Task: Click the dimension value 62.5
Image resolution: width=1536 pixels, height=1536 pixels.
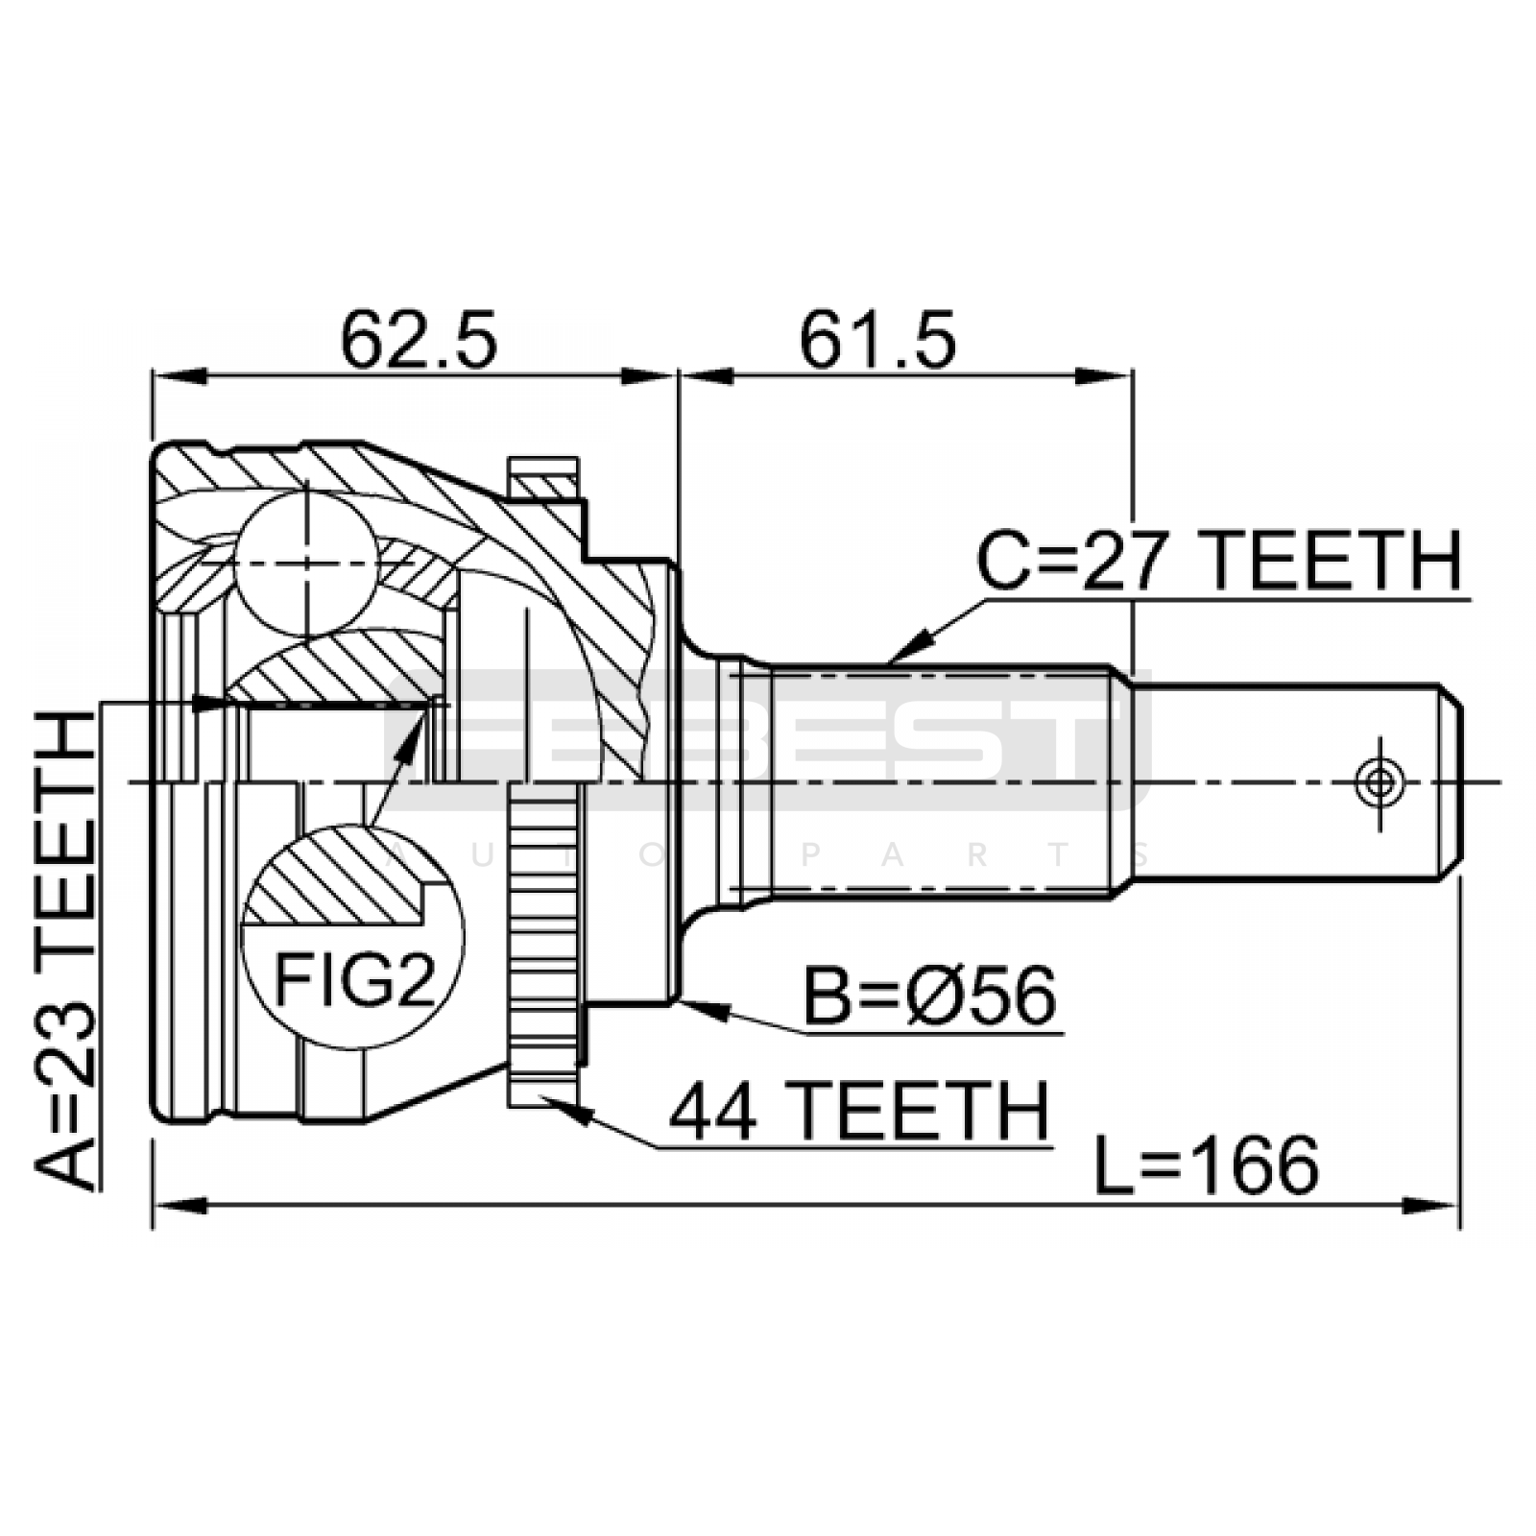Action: pyautogui.click(x=420, y=340)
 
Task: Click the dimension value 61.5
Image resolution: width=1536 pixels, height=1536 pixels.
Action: pyautogui.click(x=877, y=340)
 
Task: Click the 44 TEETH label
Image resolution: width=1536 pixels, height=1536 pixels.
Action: pyautogui.click(x=858, y=1110)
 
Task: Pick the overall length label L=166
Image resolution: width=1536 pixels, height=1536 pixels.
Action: pyautogui.click(x=1207, y=1165)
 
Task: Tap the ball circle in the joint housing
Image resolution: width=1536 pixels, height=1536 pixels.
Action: pyautogui.click(x=306, y=564)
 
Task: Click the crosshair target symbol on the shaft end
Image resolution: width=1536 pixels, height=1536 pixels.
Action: pyautogui.click(x=1380, y=781)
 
